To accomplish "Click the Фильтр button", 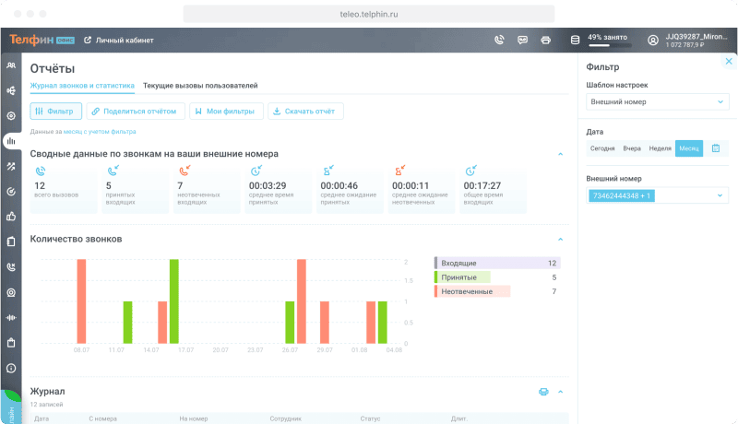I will point(56,112).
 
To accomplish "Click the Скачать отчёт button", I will point(305,112).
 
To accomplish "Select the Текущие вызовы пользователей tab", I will point(200,86).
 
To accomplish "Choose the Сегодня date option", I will point(602,148).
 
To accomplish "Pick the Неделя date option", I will point(660,148).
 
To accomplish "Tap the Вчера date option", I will point(632,148).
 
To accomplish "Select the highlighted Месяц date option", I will point(688,148).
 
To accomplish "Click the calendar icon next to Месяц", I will point(716,148).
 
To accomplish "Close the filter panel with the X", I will point(729,62).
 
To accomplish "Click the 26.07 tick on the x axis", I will point(290,351).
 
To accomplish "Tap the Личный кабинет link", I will point(119,41).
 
